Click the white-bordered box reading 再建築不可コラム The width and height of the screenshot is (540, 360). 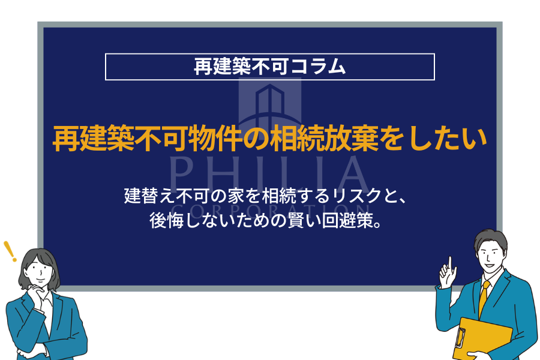pyautogui.click(x=269, y=67)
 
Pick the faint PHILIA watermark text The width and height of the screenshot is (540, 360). pyautogui.click(x=269, y=175)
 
